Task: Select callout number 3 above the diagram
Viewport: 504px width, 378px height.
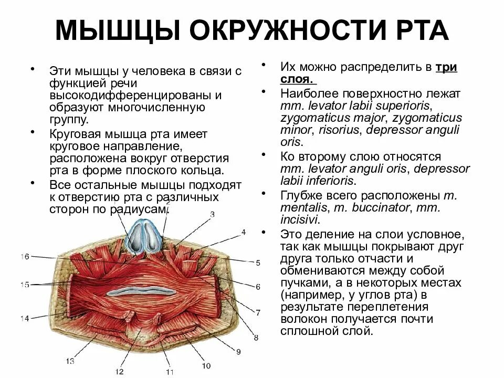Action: tap(212, 214)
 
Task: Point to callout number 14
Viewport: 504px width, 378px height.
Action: tap(24, 318)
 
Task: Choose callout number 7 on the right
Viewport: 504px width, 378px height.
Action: tap(258, 312)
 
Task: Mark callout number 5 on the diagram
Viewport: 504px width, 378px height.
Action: tap(258, 262)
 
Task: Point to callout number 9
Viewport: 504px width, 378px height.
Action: tap(237, 351)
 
